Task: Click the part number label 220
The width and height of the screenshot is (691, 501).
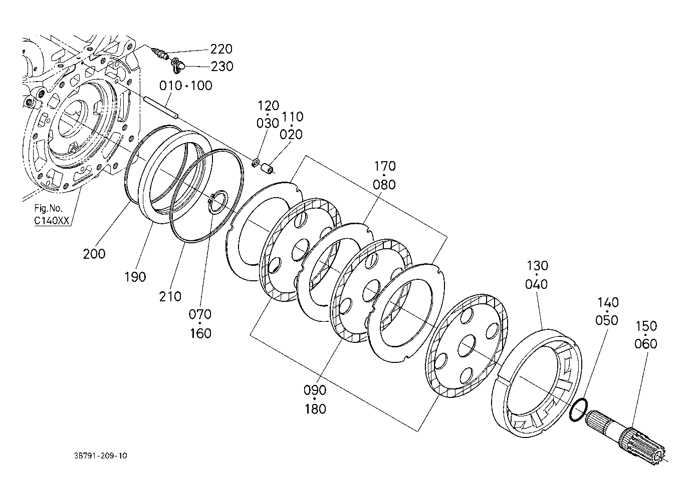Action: click(x=221, y=49)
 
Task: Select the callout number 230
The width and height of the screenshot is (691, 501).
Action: click(x=222, y=67)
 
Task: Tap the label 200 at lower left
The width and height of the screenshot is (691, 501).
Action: click(x=94, y=254)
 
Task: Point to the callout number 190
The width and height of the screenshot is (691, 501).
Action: click(x=135, y=277)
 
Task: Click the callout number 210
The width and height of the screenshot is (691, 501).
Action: click(x=170, y=296)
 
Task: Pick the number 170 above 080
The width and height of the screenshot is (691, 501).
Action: click(x=385, y=166)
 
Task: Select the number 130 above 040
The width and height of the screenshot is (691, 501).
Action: click(x=537, y=266)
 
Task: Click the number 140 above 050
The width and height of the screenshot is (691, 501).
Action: click(x=608, y=303)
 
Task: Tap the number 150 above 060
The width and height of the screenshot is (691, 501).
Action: click(x=646, y=326)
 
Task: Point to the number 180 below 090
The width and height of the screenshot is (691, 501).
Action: click(x=315, y=409)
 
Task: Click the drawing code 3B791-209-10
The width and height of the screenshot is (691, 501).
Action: click(x=101, y=456)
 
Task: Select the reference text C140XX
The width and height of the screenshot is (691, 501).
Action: click(x=52, y=221)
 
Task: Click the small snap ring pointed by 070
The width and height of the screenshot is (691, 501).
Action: click(x=218, y=202)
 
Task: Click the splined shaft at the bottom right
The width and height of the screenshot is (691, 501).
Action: click(x=626, y=437)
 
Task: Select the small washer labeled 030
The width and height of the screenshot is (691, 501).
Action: click(x=256, y=163)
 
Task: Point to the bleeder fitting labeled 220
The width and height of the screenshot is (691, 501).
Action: click(x=161, y=54)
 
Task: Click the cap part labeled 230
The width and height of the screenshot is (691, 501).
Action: click(x=178, y=66)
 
